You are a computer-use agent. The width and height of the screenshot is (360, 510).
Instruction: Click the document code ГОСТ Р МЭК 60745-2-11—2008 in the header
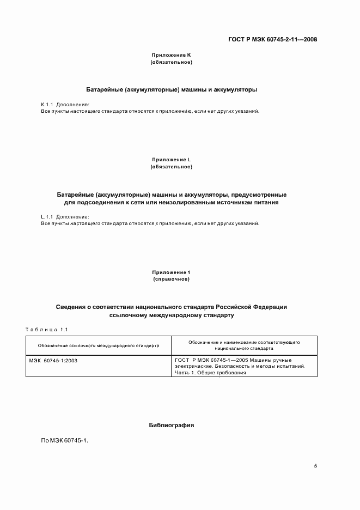click(x=272, y=39)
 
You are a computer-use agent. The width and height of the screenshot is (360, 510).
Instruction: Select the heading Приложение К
click(x=171, y=56)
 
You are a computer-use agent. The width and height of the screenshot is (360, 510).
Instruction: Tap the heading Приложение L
click(x=171, y=159)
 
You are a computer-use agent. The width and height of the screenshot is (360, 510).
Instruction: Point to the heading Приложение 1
click(x=171, y=272)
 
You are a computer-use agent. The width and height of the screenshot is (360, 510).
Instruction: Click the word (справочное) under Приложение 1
click(x=171, y=279)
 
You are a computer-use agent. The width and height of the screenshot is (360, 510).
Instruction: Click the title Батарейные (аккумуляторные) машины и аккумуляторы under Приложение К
click(x=171, y=88)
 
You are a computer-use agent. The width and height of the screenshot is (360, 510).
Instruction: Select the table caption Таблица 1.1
click(x=46, y=329)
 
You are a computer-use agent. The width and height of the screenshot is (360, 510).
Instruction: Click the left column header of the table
click(x=99, y=345)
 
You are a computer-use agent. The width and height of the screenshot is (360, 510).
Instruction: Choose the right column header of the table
click(x=244, y=345)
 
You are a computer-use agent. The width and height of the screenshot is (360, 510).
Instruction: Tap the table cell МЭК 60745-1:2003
click(x=53, y=360)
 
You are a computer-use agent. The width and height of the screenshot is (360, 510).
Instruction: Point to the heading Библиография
click(x=171, y=425)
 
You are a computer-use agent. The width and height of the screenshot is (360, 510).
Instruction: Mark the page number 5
click(x=315, y=466)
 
